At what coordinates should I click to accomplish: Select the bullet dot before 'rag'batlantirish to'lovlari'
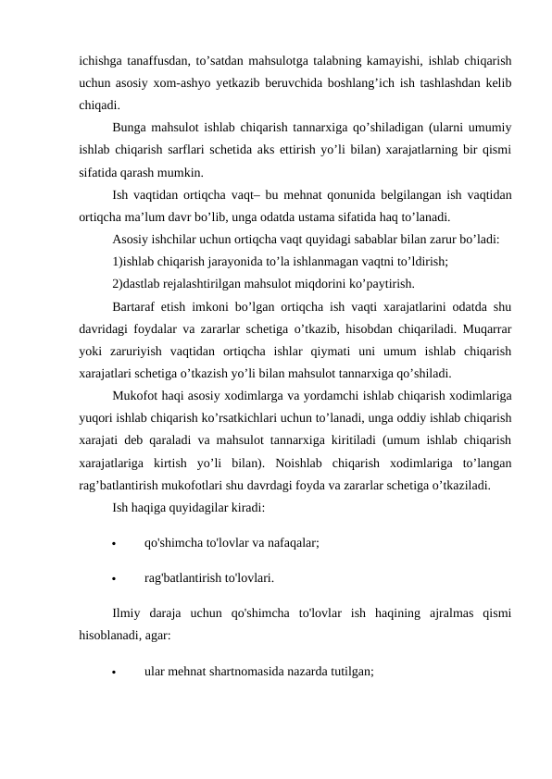tap(113, 579)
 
